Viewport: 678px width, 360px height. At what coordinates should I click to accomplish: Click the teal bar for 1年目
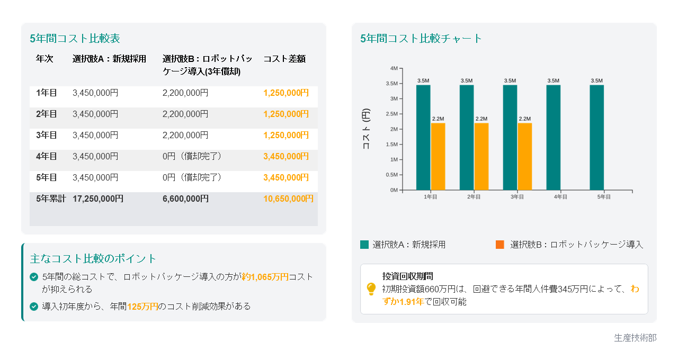point(423,137)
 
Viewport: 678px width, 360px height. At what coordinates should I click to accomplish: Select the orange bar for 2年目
point(481,156)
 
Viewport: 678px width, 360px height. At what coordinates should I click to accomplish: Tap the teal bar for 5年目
point(596,137)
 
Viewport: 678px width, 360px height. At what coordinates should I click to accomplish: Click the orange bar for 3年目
point(524,156)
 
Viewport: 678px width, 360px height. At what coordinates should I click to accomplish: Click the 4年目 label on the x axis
point(560,197)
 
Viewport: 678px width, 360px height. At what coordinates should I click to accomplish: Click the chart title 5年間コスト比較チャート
point(421,39)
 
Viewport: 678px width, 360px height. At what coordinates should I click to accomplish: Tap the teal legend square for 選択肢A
point(364,245)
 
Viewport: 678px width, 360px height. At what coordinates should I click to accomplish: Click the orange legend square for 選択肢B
point(500,245)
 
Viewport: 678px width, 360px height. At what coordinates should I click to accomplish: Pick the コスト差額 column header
point(284,59)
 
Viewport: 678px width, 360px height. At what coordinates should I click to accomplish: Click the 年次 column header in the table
point(44,59)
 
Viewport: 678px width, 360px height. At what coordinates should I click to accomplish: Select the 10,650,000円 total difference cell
point(288,199)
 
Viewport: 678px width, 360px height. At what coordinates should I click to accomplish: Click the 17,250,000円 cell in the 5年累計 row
point(98,199)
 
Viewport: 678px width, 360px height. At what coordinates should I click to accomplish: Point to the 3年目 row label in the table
point(47,135)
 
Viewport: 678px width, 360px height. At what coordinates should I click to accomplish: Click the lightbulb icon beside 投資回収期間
point(371,289)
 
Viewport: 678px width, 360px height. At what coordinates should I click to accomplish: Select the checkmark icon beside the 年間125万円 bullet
point(34,307)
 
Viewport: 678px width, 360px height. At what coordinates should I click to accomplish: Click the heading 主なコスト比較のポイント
point(93,259)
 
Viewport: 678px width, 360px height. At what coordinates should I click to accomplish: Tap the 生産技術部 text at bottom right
point(635,338)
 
